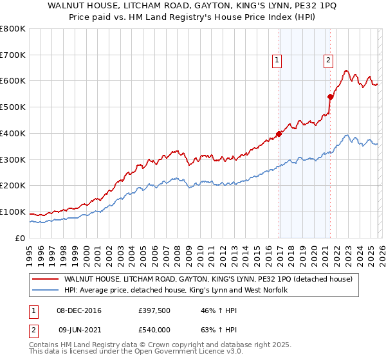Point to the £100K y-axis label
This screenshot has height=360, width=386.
point(13,212)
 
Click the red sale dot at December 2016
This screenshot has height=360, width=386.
point(279,134)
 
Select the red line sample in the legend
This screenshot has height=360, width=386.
point(45,280)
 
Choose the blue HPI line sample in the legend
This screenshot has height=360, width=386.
point(45,291)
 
